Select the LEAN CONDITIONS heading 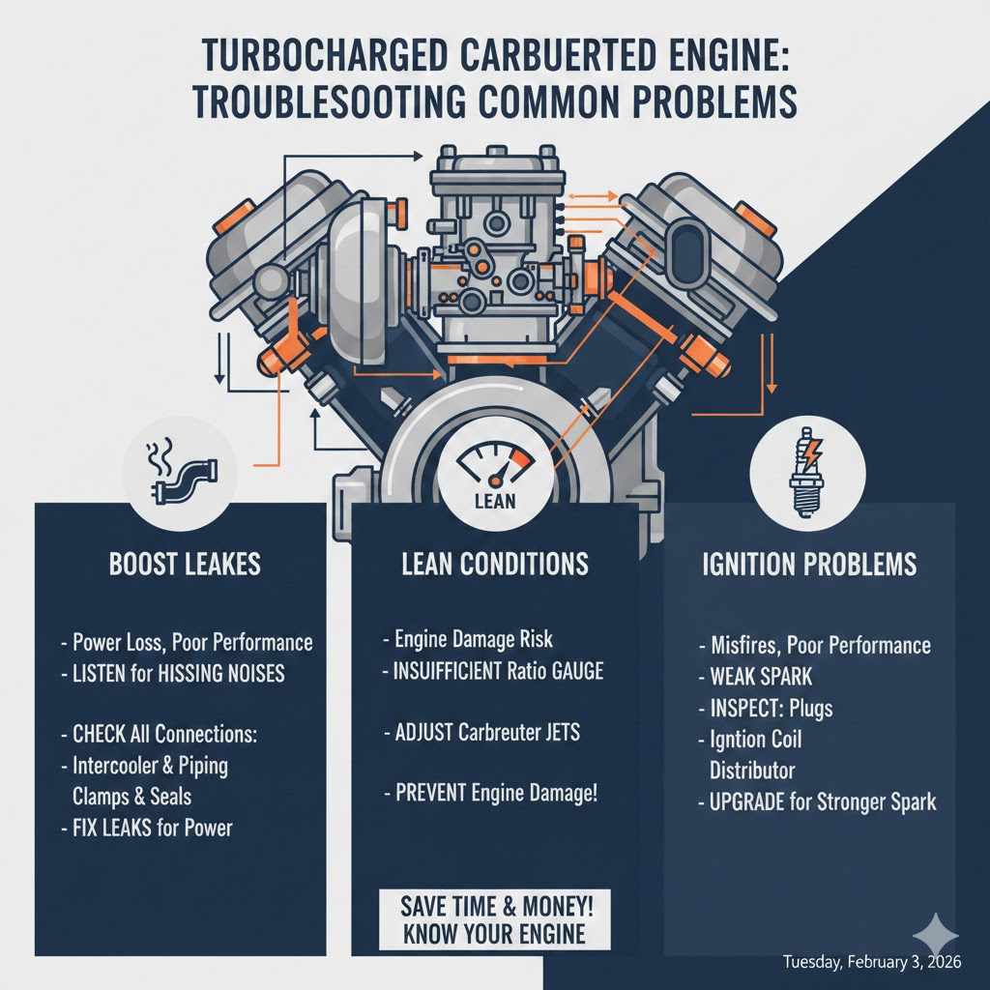pos(494,564)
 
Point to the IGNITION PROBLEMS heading pos(808,565)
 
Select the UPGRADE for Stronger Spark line pos(818,801)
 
